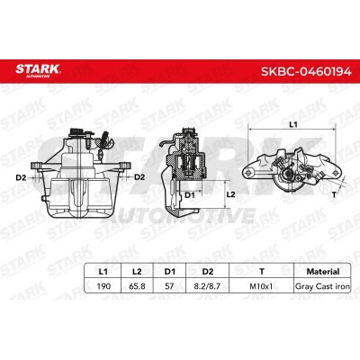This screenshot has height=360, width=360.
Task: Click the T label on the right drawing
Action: (334, 193)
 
